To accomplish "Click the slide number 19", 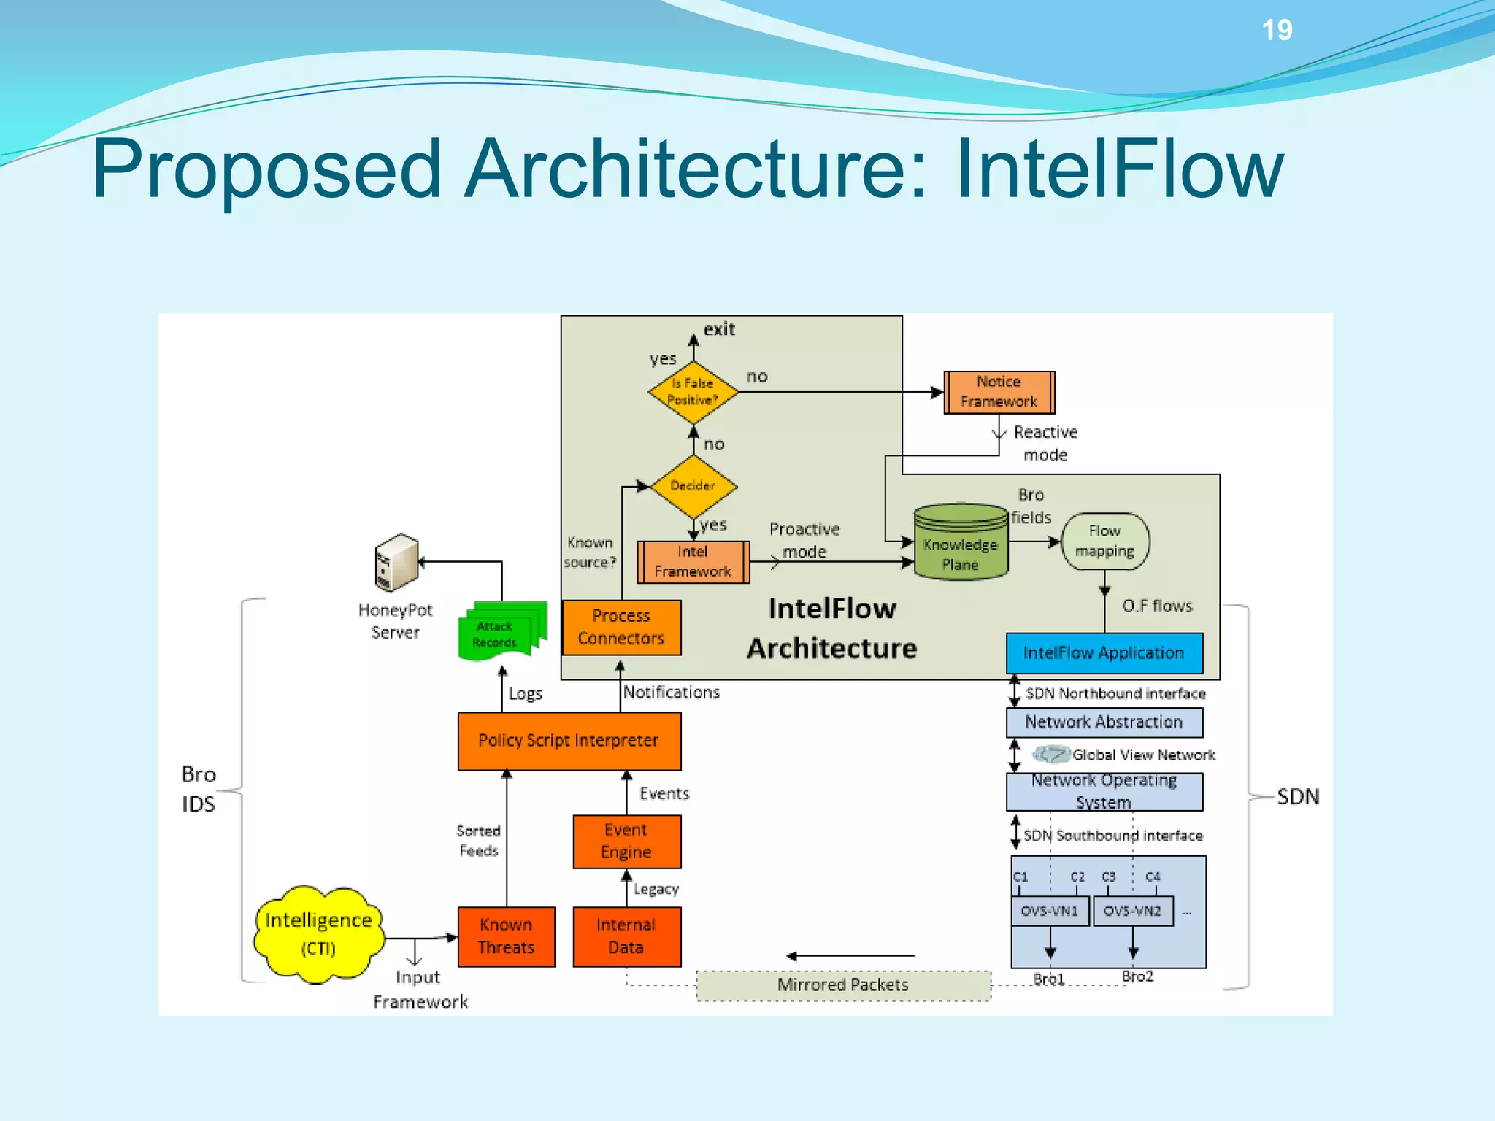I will coord(1277,31).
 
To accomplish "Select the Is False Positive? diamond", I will coord(693,392).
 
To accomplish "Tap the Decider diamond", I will coord(693,486).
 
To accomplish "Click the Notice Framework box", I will coord(999,392).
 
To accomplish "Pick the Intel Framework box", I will coord(693,562).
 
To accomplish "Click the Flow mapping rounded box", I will coord(1104,542).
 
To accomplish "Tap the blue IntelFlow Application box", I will coord(1104,653).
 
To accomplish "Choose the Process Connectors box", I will coord(621,628).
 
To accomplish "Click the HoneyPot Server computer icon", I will coord(396,562).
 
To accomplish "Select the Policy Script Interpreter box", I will coord(569,741).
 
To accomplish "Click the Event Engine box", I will coord(626,841).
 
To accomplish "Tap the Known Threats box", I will coord(506,936).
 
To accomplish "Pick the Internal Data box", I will coord(626,936).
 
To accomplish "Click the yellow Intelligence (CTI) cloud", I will coord(319,934).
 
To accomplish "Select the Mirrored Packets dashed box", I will coord(843,985).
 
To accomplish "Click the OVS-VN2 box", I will coord(1131,912).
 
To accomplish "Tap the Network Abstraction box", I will coord(1104,723).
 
